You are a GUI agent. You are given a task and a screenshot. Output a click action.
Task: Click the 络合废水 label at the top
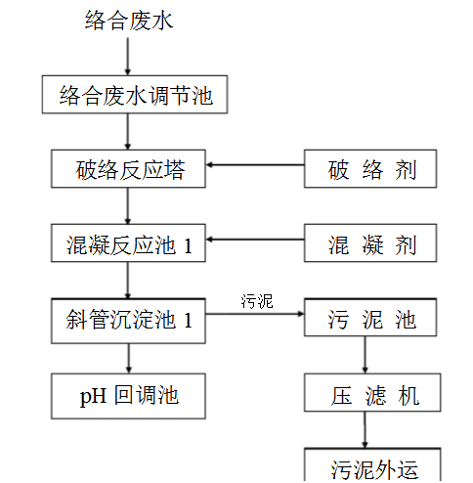click(x=128, y=21)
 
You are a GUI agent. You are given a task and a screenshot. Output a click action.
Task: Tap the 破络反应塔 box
click(x=128, y=169)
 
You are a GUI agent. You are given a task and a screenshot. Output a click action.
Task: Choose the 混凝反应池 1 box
click(x=128, y=244)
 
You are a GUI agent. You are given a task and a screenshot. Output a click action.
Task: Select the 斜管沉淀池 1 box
click(x=128, y=320)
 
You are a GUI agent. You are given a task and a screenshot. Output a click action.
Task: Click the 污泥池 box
click(x=364, y=320)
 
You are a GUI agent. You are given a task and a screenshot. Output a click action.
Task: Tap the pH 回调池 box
click(x=128, y=396)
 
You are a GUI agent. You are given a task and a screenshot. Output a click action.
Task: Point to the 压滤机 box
click(x=364, y=395)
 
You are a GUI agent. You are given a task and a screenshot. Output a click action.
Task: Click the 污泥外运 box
click(x=364, y=466)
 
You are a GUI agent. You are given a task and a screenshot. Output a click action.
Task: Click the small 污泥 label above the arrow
click(x=257, y=301)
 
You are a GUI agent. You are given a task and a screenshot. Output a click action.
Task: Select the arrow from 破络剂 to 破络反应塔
click(x=255, y=165)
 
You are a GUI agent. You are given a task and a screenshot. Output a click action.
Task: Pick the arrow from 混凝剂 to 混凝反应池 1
click(x=255, y=240)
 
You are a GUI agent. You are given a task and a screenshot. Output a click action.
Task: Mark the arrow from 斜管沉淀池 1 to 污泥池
click(x=255, y=315)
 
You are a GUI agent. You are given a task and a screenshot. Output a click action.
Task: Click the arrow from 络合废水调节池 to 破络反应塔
click(x=128, y=132)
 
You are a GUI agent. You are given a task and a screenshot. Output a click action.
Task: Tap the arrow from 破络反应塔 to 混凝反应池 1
click(x=128, y=206)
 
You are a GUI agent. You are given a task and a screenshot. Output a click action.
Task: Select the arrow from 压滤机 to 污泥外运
click(x=364, y=430)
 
